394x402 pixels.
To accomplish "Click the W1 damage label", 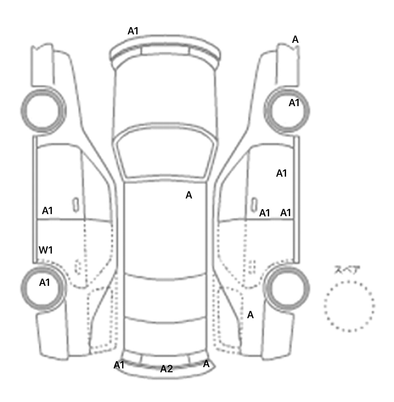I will click(46, 250).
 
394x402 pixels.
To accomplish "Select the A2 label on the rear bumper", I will click(166, 369).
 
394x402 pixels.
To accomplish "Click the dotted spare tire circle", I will click(349, 306).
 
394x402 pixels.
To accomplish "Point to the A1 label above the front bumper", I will click(133, 31).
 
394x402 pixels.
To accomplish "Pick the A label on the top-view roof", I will click(189, 195).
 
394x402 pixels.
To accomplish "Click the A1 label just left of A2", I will click(119, 365).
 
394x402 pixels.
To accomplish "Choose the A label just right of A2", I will click(206, 364).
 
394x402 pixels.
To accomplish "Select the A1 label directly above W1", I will click(47, 211).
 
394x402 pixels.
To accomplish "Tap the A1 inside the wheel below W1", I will click(45, 283).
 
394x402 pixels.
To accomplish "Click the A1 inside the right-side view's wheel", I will click(294, 103).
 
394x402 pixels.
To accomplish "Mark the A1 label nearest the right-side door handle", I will click(265, 213).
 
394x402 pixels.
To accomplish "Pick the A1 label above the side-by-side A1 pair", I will click(281, 174).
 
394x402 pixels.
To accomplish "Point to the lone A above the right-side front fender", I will click(295, 39).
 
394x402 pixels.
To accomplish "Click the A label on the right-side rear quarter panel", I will click(250, 315).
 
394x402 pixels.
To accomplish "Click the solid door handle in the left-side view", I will click(76, 205).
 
